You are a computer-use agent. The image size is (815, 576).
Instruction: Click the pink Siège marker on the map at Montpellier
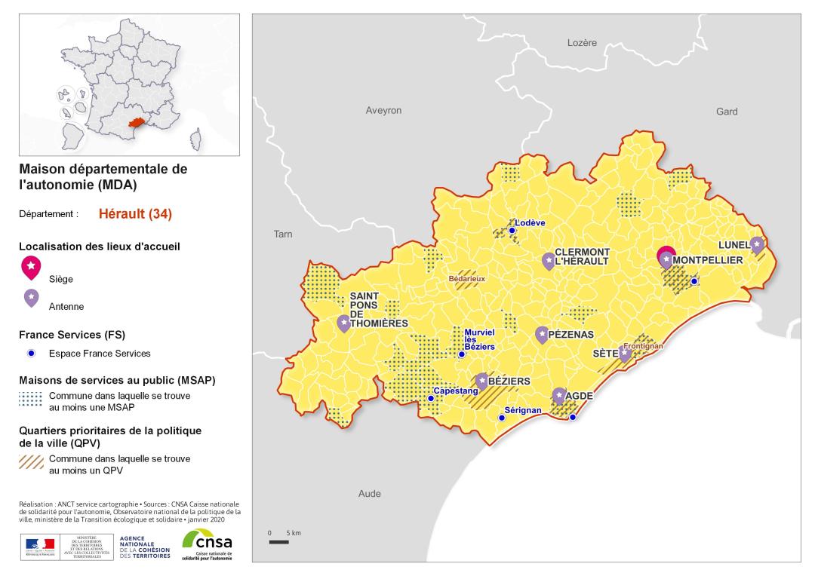point(666,254)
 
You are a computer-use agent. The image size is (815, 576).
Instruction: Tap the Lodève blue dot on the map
point(512,231)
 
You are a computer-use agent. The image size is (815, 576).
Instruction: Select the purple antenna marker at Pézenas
point(542,334)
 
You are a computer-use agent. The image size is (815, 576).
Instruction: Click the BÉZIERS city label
point(509,382)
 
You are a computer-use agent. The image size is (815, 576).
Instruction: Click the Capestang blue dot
point(430,398)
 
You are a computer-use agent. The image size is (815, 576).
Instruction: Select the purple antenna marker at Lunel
point(758,245)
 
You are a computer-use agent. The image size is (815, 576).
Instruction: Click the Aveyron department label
point(383,110)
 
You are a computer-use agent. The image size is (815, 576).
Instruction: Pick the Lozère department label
point(582,43)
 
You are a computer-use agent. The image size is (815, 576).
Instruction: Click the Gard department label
point(727,112)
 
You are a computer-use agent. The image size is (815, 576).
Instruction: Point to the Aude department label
point(370,493)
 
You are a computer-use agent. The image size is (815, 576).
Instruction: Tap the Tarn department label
point(283,234)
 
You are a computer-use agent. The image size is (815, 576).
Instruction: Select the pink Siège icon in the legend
point(31,265)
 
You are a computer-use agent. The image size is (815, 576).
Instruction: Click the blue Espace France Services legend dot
point(31,353)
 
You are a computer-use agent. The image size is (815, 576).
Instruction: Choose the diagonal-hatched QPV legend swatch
point(31,462)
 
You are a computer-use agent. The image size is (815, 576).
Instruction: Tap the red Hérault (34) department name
point(135,213)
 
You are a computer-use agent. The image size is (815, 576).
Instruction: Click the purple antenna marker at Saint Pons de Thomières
point(343,323)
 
